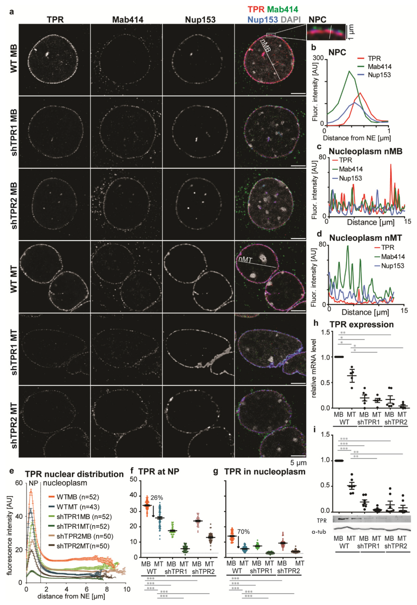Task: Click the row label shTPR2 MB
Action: [x=14, y=205]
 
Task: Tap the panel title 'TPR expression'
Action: [x=361, y=325]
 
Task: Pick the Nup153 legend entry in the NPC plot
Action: [x=379, y=75]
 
